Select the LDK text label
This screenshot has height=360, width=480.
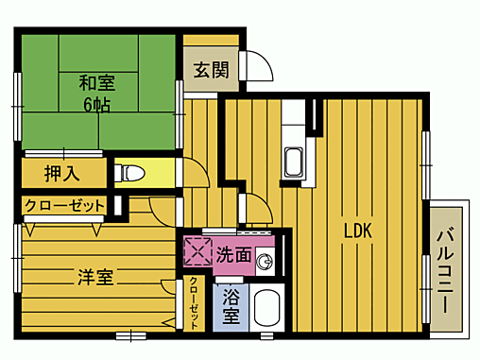[357, 230]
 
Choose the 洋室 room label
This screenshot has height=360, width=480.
[94, 277]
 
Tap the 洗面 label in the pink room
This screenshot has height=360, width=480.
[232, 254]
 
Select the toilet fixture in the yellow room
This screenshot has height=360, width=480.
[131, 173]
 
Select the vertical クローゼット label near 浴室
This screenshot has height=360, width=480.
[194, 302]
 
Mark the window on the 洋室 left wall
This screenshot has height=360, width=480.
[16, 268]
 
